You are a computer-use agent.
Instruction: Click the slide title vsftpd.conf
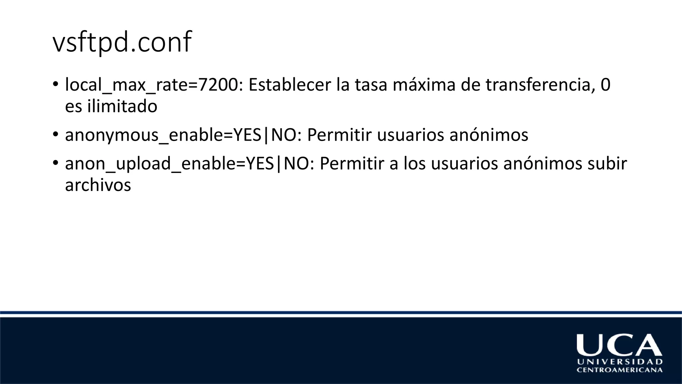[122, 42]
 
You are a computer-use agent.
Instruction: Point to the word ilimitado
[122, 106]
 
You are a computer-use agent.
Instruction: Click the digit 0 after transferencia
[605, 85]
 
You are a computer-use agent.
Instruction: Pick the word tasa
[371, 85]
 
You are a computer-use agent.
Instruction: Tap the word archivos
[98, 185]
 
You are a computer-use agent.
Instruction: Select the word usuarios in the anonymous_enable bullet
[410, 135]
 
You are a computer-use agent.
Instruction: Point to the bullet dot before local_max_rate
[55, 83]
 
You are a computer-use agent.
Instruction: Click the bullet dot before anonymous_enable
[55, 134]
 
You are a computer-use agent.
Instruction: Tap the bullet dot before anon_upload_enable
[55, 163]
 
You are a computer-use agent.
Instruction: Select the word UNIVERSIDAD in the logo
[620, 362]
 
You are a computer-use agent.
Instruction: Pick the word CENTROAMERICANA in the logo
[619, 370]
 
